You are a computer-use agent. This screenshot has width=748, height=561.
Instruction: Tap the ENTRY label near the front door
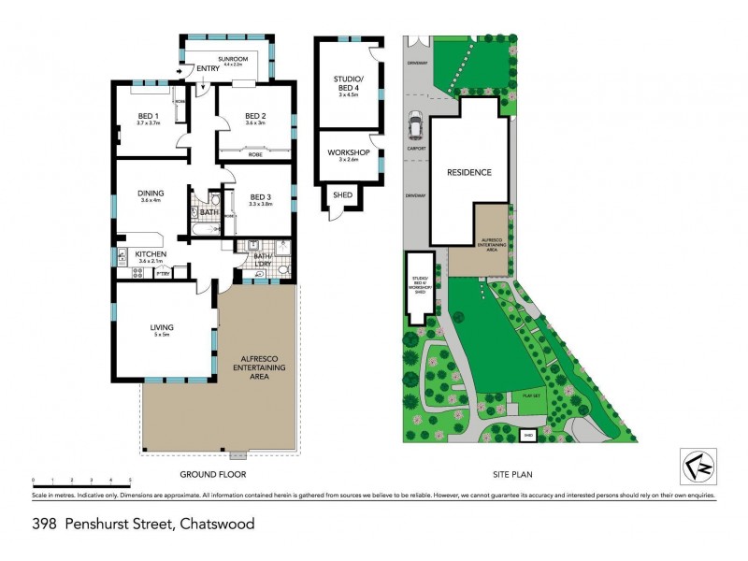click(208, 68)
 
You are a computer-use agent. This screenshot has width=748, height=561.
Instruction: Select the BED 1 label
click(148, 116)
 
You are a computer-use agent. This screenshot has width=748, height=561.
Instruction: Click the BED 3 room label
click(259, 197)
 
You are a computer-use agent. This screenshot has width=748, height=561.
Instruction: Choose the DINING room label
click(151, 194)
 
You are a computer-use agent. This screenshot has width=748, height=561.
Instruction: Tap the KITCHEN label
click(151, 254)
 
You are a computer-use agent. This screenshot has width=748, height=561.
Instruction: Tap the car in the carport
click(414, 122)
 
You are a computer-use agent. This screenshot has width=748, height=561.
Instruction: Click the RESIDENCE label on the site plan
click(468, 172)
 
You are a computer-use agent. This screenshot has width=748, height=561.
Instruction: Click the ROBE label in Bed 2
click(254, 153)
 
